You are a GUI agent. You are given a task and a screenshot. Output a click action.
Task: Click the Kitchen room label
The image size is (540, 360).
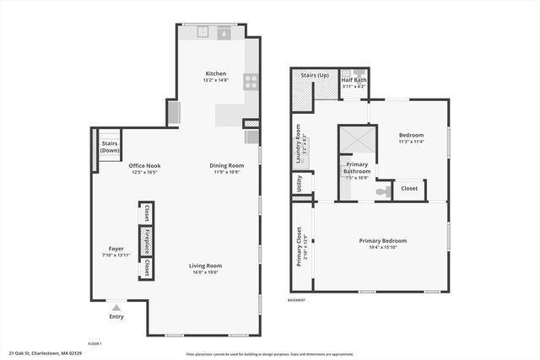[216, 74]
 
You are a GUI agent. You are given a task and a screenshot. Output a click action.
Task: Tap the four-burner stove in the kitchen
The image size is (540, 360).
[251, 82]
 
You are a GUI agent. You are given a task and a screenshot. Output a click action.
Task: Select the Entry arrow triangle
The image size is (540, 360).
[116, 308]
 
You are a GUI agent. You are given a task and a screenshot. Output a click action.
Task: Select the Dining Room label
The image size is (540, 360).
[227, 165]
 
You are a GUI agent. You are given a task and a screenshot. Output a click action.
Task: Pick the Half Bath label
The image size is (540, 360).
[354, 79]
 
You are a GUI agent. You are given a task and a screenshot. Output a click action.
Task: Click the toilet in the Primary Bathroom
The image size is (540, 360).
[381, 192]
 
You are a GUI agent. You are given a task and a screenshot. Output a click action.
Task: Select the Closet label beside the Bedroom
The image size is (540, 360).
[409, 189]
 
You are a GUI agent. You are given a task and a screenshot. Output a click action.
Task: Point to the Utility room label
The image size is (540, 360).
[300, 183]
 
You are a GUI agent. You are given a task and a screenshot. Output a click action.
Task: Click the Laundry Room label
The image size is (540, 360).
[299, 141]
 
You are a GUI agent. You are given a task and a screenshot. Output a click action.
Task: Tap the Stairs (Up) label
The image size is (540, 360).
[314, 74]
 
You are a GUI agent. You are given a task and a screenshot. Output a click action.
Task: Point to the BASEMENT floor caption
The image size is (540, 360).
[297, 300]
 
